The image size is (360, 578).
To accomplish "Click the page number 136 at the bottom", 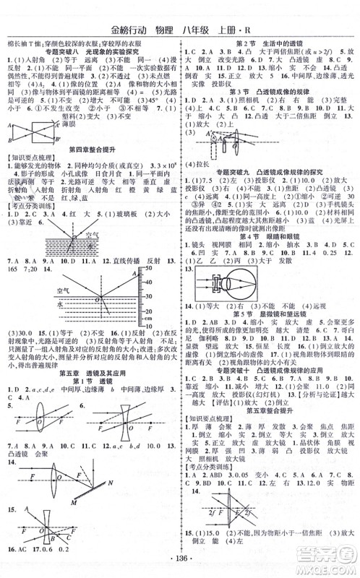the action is coord(179,564).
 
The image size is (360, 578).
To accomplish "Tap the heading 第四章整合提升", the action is coord(90,168).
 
